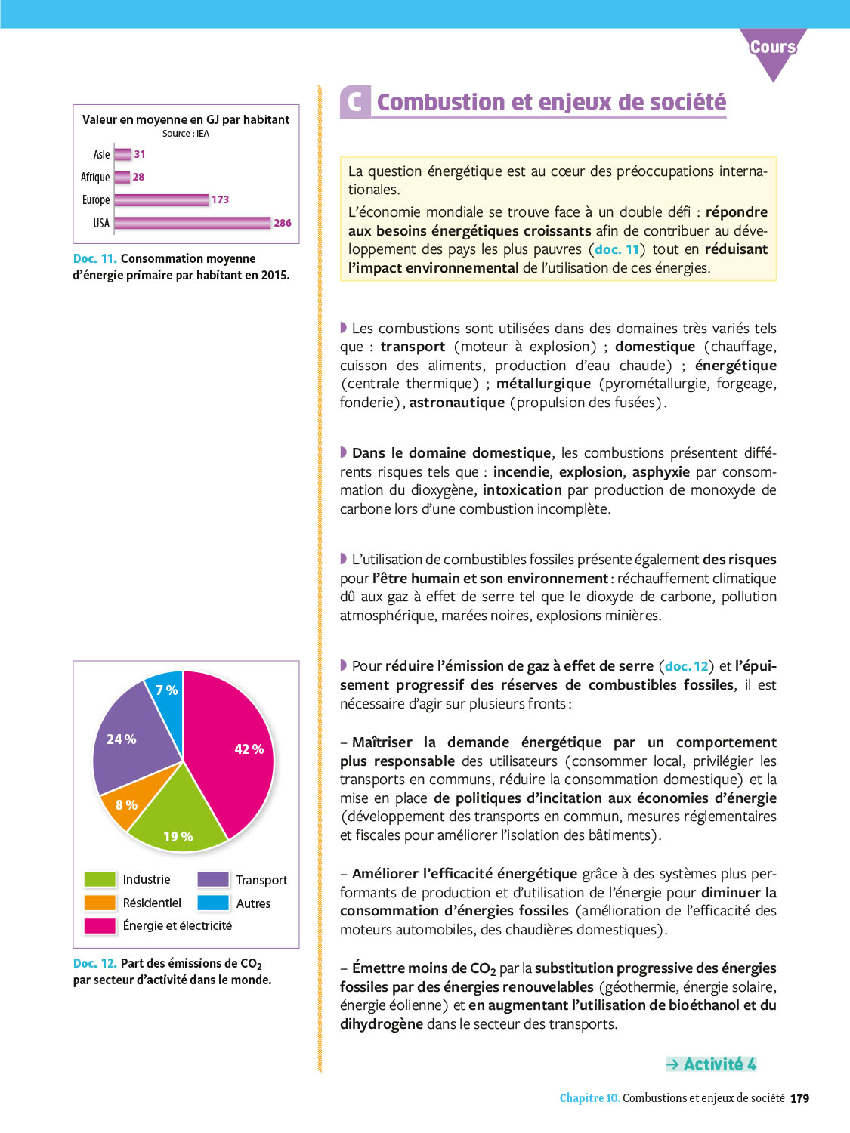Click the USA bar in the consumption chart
pos(193,223)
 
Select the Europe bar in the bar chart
pos(161,200)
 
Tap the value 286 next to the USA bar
pos(283,223)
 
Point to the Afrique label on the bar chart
pos(95,178)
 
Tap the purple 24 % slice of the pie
pos(132,740)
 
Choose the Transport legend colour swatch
pos(213,879)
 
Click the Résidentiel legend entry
pos(152,903)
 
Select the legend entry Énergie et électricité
pos(177,925)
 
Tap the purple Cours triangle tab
pos(773,49)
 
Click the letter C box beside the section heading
pos(355,102)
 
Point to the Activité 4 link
pos(711,1064)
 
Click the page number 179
pos(799,1098)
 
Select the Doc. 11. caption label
pos(95,258)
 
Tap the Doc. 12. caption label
pos(95,963)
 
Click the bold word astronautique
pos(456,403)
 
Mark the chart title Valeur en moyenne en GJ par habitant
pos(186,119)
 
